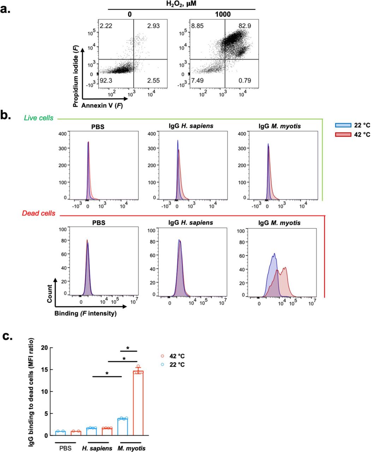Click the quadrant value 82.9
coord(244,26)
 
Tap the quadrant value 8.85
coord(198,26)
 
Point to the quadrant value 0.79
coord(245,81)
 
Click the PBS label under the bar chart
coord(65,448)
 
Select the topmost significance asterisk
coord(128,349)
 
